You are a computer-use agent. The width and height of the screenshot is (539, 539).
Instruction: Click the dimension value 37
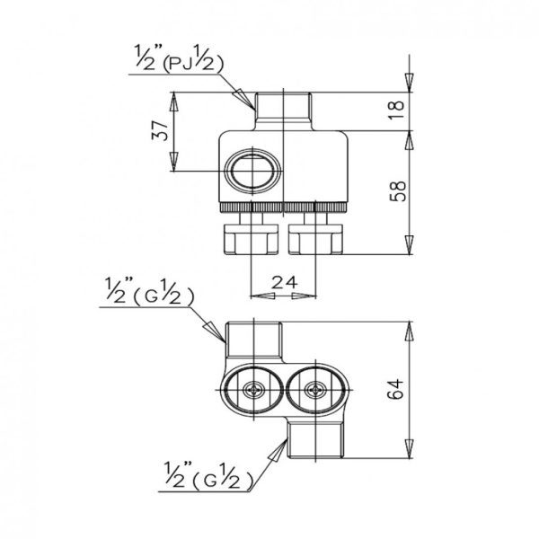(160, 130)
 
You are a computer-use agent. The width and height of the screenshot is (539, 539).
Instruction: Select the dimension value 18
(397, 110)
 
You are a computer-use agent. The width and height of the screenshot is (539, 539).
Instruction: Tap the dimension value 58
(398, 190)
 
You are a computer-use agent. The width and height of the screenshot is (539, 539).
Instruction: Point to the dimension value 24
(284, 283)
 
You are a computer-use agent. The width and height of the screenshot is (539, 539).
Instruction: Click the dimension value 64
(395, 389)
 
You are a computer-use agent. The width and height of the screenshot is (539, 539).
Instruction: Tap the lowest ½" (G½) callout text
(208, 476)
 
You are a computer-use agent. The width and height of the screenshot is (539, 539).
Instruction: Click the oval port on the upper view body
(252, 171)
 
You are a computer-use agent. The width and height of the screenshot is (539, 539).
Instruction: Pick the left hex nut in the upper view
(251, 239)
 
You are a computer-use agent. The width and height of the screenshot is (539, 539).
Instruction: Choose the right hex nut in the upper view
(315, 239)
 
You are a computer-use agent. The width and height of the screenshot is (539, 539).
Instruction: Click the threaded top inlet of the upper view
(283, 110)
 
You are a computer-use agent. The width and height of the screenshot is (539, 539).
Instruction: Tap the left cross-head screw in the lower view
(253, 390)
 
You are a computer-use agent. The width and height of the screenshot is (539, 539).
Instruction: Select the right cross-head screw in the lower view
(315, 390)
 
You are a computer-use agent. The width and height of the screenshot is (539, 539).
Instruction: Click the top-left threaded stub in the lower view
(253, 340)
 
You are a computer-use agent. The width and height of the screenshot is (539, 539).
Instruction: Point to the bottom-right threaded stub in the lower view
(315, 440)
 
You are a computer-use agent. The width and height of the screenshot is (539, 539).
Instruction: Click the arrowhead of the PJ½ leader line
(245, 98)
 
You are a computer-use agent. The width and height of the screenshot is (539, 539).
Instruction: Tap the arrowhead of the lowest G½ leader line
(279, 451)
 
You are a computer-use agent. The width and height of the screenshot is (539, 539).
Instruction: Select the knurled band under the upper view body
(283, 208)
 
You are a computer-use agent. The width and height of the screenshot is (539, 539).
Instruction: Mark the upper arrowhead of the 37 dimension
(174, 102)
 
